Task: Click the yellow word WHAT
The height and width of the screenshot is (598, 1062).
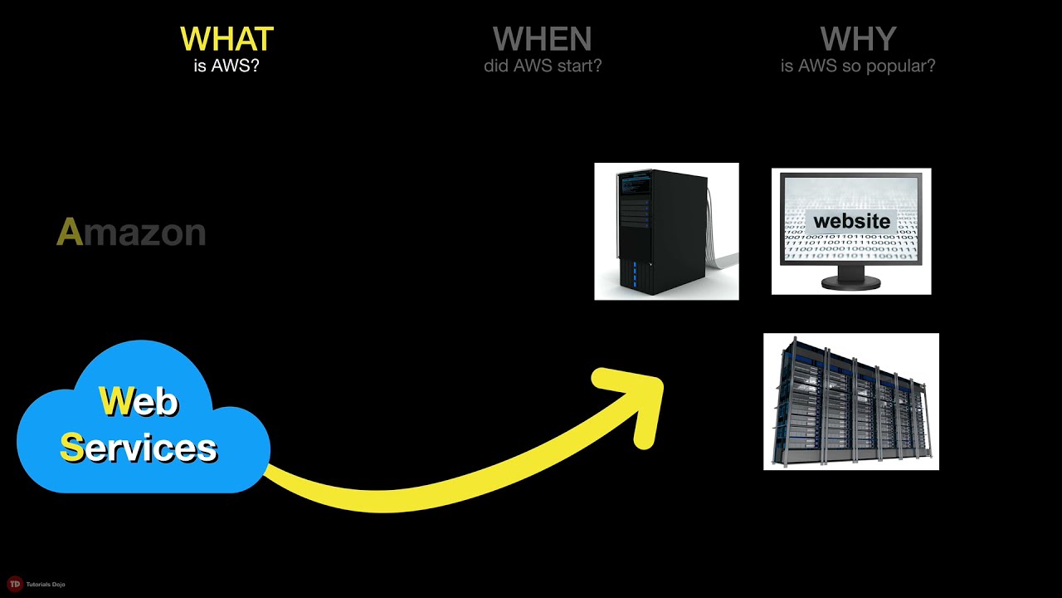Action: (x=227, y=39)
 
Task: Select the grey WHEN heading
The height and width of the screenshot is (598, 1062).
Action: (x=542, y=39)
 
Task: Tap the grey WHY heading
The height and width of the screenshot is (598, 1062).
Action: (x=858, y=39)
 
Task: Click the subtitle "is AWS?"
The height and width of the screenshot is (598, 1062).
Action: (x=227, y=65)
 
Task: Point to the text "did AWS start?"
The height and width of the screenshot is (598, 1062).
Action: (x=543, y=65)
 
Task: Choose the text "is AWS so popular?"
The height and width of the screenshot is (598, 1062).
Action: (x=858, y=65)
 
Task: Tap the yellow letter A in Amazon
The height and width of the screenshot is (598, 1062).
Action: (x=70, y=233)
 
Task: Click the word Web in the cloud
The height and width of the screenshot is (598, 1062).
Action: (x=139, y=402)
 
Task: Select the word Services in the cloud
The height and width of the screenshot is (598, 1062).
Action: (x=139, y=448)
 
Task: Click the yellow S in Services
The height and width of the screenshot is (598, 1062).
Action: (x=71, y=448)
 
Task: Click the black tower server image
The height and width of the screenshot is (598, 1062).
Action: (x=666, y=231)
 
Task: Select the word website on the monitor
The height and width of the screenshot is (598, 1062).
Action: (x=851, y=222)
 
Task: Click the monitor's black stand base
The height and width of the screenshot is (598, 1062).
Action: (x=850, y=283)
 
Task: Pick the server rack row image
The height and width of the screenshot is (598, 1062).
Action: (x=850, y=401)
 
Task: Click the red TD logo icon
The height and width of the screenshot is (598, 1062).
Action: (x=14, y=584)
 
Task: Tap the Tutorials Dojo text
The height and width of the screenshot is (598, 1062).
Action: (x=46, y=585)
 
